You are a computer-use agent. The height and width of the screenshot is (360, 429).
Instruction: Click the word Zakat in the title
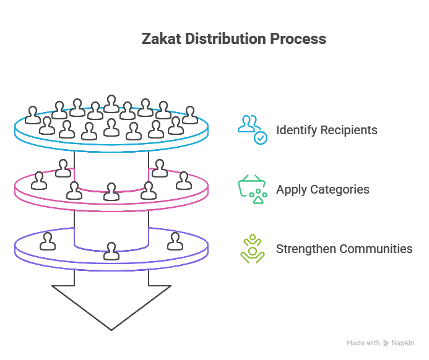[x=162, y=38]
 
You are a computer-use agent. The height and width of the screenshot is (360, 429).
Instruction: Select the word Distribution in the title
[x=226, y=38]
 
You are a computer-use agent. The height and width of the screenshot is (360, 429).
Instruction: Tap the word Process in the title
[x=298, y=39]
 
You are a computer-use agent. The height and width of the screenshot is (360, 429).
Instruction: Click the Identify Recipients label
[x=327, y=131]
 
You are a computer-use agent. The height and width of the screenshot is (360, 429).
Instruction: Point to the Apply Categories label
[x=323, y=190]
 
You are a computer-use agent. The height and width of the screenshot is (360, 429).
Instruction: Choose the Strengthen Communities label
[x=344, y=249]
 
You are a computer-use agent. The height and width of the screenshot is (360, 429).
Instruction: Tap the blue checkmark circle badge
[x=261, y=138]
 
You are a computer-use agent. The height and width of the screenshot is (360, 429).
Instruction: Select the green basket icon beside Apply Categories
[x=252, y=189]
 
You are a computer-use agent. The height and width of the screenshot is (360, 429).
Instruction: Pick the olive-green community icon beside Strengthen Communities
[x=252, y=249]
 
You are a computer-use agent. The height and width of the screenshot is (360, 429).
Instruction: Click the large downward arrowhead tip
[x=111, y=330]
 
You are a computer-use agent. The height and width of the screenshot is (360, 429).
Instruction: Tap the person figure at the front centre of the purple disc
[x=111, y=251]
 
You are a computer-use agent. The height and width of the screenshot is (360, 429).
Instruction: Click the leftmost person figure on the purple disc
[x=48, y=241]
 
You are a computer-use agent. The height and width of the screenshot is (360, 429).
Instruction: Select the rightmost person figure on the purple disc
[x=175, y=241]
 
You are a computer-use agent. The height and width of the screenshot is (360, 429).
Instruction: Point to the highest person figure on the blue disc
[x=111, y=104]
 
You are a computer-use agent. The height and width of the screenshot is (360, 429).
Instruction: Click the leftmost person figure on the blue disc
[x=33, y=115]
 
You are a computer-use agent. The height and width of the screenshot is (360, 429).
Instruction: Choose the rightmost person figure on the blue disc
[x=190, y=115]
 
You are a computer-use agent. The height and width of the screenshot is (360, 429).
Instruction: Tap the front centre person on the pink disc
[x=111, y=192]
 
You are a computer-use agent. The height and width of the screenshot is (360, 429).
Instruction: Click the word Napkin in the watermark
[x=402, y=343]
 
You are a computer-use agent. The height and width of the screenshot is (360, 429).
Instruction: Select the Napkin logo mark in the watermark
[x=386, y=343]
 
